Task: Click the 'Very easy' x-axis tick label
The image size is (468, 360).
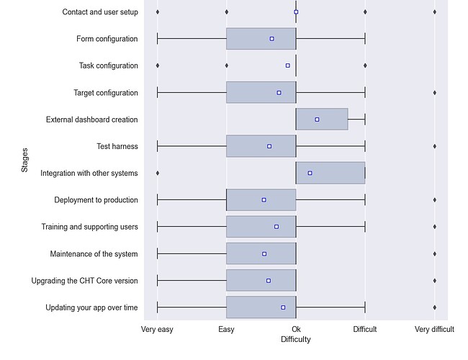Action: click(157, 329)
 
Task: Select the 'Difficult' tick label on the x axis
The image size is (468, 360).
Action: click(364, 329)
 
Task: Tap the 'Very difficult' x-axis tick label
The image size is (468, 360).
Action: click(434, 329)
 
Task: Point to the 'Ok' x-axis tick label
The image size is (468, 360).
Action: click(296, 329)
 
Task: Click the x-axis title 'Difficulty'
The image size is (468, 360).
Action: click(296, 339)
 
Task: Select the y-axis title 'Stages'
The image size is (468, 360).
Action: click(25, 159)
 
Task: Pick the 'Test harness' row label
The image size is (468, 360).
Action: click(117, 146)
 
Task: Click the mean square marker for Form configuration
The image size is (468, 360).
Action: click(271, 39)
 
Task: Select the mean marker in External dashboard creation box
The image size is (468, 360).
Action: click(317, 120)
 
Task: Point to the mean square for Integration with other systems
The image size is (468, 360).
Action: click(310, 173)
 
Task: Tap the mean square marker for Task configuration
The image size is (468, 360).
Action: click(287, 66)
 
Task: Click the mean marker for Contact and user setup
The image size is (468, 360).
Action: click(296, 12)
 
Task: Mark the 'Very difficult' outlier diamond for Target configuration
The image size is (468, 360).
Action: click(434, 93)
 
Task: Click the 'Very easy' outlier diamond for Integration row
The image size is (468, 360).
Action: click(158, 173)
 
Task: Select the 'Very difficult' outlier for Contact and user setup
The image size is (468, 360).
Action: click(434, 12)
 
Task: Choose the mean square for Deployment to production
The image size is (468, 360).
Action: click(264, 199)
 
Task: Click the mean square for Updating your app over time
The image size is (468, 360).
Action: click(283, 307)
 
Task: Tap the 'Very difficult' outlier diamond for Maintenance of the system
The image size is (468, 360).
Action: click(434, 253)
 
